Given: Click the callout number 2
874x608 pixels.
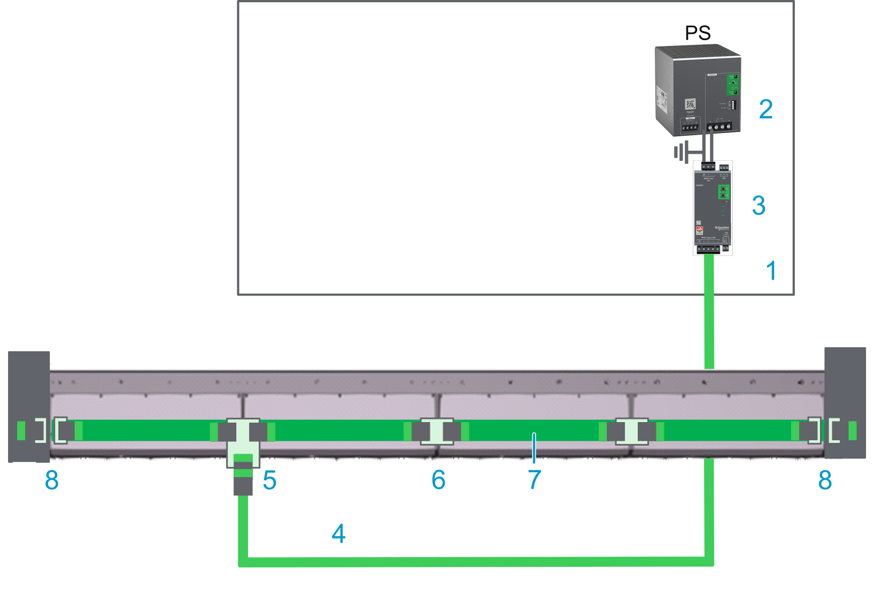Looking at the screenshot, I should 765,110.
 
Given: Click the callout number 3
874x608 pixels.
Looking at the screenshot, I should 759,205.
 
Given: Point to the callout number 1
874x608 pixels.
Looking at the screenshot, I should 771,270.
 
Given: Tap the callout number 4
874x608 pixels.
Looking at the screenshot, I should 338,534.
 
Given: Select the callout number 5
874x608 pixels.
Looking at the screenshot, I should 269,480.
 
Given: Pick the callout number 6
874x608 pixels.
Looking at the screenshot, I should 438,480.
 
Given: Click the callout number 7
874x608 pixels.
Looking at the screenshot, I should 535,480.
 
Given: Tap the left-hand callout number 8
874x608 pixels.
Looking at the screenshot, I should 52,480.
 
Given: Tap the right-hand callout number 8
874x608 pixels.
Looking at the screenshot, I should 825,480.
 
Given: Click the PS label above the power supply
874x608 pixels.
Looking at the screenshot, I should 698,33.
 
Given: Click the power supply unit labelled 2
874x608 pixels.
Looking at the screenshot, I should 698,91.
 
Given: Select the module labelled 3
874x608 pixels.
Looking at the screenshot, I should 713,208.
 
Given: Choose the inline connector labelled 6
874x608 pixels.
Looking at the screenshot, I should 437,431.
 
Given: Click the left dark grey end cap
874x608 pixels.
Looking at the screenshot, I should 29,406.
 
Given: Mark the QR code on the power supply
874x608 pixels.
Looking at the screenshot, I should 690,104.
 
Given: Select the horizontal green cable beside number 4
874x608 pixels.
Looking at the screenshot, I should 476,562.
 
